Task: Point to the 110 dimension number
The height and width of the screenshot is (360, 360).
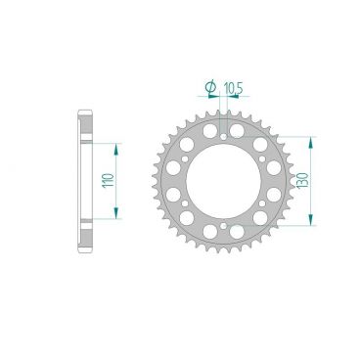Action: pos(107,181)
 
